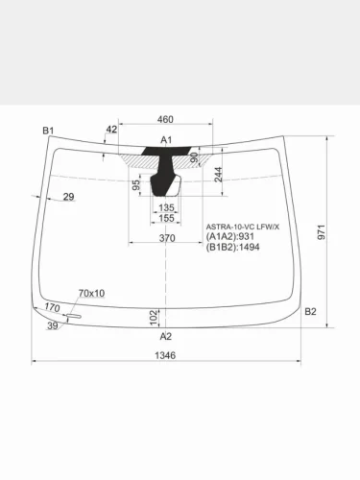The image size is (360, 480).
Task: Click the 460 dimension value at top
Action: click(165, 119)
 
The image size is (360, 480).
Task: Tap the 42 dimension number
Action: click(111, 130)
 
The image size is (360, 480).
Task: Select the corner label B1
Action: click(48, 131)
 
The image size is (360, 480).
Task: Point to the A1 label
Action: click(166, 140)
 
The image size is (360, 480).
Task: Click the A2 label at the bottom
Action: click(166, 336)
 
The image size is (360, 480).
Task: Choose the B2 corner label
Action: click(310, 311)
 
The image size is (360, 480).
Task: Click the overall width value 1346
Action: click(165, 355)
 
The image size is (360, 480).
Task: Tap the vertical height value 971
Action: click(322, 232)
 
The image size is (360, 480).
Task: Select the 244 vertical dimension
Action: click(219, 175)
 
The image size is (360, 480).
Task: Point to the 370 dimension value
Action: click(167, 238)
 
